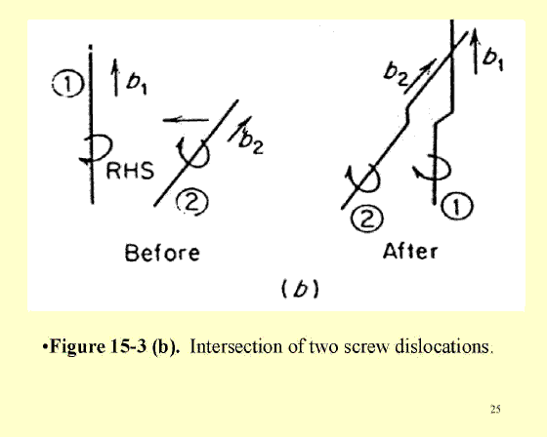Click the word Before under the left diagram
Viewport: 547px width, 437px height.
(162, 253)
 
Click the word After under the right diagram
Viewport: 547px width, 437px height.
(410, 251)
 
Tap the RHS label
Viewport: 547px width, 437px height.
(130, 171)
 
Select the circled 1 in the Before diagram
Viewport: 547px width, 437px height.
(68, 84)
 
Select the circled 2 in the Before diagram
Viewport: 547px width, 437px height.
(192, 202)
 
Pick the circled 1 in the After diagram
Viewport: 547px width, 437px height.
(457, 206)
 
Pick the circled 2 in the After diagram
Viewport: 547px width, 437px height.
(367, 219)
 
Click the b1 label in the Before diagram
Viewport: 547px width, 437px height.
(137, 84)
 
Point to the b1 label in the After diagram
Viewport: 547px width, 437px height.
(492, 58)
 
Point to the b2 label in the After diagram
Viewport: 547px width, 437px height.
(397, 75)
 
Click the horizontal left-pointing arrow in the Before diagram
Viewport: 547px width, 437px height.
(186, 120)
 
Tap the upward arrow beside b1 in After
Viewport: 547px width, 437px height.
(475, 51)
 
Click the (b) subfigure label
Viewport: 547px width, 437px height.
(300, 290)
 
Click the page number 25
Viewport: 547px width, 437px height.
(495, 409)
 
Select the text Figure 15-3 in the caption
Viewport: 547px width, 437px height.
(98, 346)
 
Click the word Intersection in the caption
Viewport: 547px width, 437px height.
(235, 346)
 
